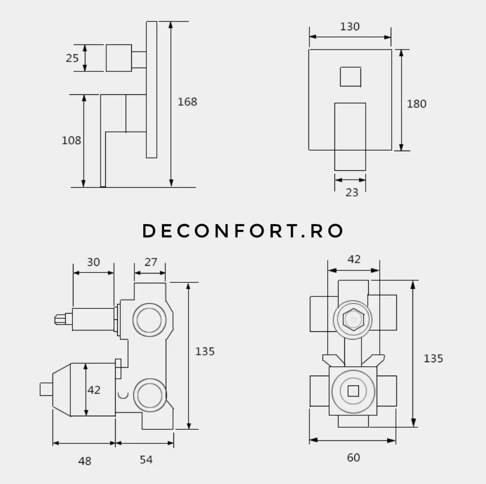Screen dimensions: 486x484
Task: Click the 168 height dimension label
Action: (187, 102)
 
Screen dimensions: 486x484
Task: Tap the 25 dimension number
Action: (72, 58)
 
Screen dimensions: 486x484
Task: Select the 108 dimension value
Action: (71, 141)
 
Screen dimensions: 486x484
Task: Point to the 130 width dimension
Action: (350, 27)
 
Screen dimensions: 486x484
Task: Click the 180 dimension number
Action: (417, 104)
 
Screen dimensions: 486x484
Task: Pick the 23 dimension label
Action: (352, 193)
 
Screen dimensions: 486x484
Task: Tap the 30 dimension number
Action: (93, 262)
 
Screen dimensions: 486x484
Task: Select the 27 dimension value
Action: (151, 262)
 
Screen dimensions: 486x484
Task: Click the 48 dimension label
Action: (85, 461)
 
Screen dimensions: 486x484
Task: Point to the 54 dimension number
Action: (146, 460)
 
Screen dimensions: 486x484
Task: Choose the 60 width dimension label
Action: (354, 457)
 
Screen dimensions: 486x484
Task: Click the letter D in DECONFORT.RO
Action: (149, 231)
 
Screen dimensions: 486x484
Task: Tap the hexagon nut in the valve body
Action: (353, 319)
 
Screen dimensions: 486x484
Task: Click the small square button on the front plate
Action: (351, 77)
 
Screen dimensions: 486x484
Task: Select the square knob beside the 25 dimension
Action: (119, 58)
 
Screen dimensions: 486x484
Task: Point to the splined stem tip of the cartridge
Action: (60, 319)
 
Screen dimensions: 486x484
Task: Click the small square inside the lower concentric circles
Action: (353, 391)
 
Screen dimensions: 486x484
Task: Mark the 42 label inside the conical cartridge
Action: (94, 390)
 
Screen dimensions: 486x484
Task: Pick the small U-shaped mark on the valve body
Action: (123, 395)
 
